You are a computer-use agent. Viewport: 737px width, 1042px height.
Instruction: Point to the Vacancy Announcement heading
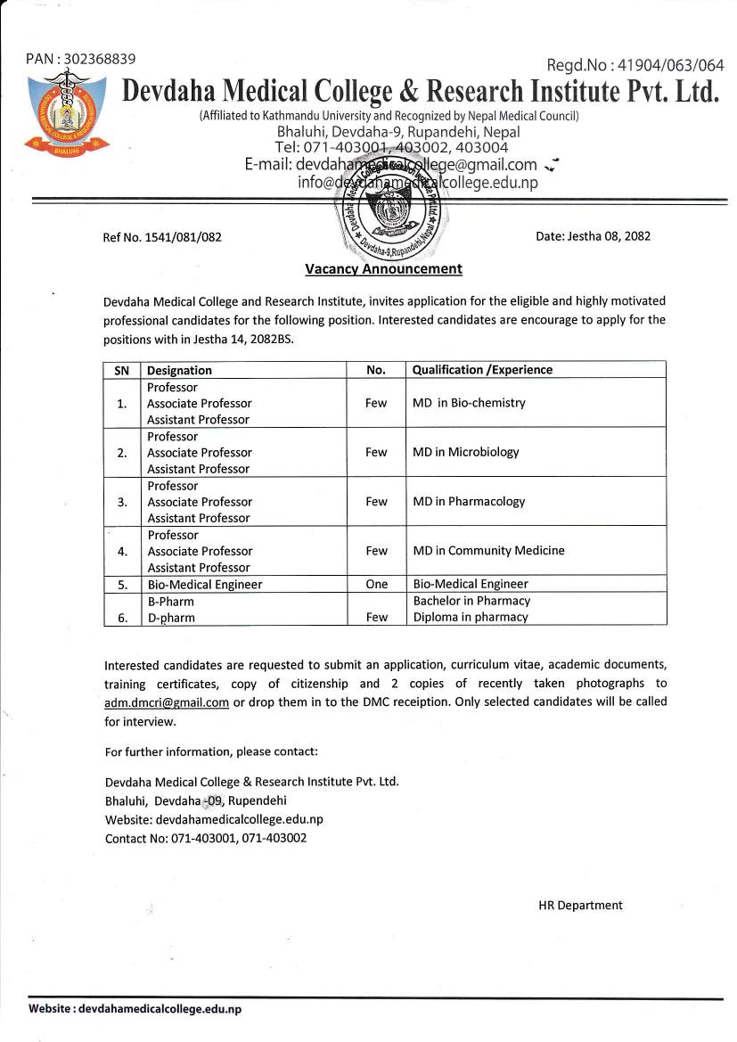click(x=383, y=268)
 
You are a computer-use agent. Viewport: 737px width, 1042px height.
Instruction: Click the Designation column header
click(x=179, y=370)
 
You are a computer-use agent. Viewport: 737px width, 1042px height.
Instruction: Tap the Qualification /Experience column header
click(x=482, y=370)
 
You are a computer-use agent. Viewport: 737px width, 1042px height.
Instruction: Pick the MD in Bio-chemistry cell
click(x=469, y=403)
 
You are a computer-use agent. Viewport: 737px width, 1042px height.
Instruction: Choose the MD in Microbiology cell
click(x=465, y=452)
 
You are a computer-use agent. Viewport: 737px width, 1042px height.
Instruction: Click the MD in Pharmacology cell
click(x=469, y=501)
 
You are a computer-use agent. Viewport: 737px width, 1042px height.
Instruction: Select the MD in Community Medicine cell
click(x=488, y=550)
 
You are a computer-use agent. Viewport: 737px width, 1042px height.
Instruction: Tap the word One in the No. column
click(x=376, y=584)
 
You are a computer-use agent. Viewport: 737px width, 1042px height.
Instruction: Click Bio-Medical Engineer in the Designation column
click(x=204, y=585)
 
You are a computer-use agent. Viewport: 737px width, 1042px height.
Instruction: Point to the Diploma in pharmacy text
click(x=471, y=617)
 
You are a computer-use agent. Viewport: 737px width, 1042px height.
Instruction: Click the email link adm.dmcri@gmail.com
click(x=167, y=702)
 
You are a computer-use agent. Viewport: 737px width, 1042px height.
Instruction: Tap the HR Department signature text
click(x=580, y=905)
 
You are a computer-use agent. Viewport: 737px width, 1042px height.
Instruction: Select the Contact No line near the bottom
click(x=205, y=838)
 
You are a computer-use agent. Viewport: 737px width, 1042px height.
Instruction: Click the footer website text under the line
click(x=135, y=1009)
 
